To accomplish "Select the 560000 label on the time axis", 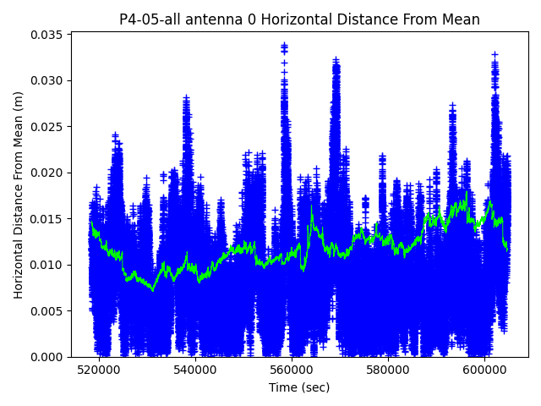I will pos(292,370).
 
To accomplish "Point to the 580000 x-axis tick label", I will pos(389,370).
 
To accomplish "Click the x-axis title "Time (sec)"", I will pos(299,387).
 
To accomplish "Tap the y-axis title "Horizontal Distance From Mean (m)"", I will pos(19,195).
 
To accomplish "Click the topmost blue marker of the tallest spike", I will pos(284,46).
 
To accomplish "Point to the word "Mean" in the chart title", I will pos(458,19).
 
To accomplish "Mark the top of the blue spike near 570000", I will pos(336,60).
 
